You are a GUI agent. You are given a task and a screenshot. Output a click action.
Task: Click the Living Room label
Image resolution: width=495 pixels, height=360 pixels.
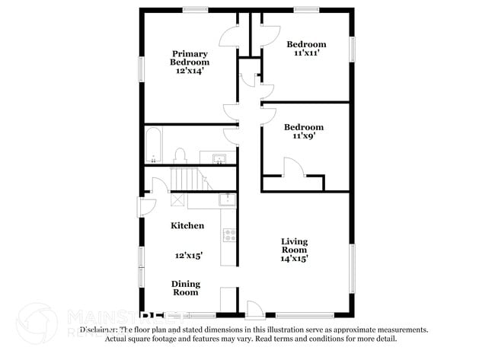(x=294, y=245)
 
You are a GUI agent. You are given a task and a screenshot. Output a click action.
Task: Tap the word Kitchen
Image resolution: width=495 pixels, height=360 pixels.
(x=187, y=226)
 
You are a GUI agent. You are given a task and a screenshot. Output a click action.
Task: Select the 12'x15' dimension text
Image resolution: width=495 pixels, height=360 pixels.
(x=188, y=256)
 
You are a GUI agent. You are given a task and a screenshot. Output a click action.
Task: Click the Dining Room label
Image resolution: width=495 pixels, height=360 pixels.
(x=184, y=287)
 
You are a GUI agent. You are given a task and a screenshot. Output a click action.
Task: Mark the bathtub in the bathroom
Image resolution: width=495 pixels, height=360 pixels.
(x=153, y=145)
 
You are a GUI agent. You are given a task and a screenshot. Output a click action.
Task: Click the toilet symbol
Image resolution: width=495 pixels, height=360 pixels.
(x=180, y=156)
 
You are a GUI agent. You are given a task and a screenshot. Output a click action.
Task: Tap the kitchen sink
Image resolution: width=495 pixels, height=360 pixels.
(x=227, y=199)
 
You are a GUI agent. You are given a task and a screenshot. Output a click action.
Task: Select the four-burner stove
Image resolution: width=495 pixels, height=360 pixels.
(x=228, y=236)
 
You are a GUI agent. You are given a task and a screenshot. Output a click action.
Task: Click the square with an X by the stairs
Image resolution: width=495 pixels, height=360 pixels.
(x=177, y=199)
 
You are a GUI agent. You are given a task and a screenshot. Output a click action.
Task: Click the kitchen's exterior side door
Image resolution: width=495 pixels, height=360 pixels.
(x=146, y=206)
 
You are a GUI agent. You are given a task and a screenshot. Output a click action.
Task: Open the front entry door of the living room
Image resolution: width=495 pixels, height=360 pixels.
(x=254, y=309)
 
